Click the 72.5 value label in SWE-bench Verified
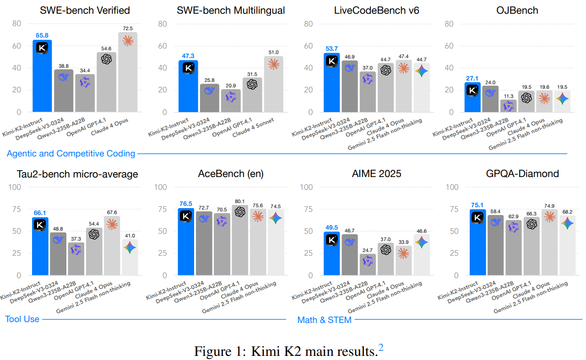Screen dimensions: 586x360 tap(128, 28)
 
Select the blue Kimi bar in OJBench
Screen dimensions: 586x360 tap(472, 97)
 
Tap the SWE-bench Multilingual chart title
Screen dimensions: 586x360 tap(230, 11)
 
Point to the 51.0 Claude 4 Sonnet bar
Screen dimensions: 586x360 tap(273, 84)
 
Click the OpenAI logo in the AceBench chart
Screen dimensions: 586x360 tap(240, 212)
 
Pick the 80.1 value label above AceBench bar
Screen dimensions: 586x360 tap(239, 201)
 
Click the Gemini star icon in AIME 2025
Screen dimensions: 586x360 tap(421, 242)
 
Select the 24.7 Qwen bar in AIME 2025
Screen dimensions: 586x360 tap(368, 264)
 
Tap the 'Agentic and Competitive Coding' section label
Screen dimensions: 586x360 tap(71, 153)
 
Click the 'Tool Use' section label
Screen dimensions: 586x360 tap(22, 319)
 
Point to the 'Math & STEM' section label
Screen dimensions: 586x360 tap(325, 320)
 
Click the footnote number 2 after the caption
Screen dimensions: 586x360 tap(380, 347)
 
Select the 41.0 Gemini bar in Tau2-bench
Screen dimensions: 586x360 tap(130, 257)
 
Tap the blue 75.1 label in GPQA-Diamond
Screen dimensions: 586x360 tap(477, 205)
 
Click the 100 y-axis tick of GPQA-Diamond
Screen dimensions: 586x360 tap(452, 187)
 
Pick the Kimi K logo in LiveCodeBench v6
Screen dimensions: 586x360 tap(332, 61)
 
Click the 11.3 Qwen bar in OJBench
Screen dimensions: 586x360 tap(509, 106)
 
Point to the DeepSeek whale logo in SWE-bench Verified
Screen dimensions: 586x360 tap(64, 77)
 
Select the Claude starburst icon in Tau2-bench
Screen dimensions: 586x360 tap(112, 224)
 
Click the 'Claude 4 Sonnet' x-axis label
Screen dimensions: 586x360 tap(253, 127)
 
